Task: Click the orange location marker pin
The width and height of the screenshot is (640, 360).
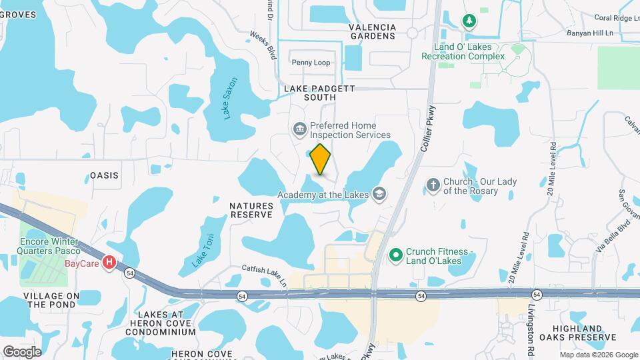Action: click(x=321, y=159)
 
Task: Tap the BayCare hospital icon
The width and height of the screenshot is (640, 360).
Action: click(x=109, y=263)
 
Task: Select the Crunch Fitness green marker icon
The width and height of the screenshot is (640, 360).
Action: click(x=395, y=255)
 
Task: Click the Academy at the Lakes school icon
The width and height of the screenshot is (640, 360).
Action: click(x=379, y=194)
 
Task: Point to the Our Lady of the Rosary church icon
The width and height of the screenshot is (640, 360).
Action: click(x=433, y=185)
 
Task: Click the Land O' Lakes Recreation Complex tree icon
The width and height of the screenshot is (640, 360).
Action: click(x=469, y=21)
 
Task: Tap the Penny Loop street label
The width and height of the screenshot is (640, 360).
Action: click(x=311, y=63)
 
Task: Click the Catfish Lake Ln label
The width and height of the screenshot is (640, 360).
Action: click(x=263, y=273)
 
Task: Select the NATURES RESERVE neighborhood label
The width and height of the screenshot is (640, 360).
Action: click(x=251, y=211)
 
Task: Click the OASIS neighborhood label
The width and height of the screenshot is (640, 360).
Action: click(x=104, y=175)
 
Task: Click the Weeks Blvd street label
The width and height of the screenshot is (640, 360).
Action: click(x=263, y=43)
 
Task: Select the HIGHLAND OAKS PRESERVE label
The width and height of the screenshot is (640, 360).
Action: click(x=577, y=333)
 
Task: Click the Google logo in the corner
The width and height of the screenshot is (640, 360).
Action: click(x=22, y=351)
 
